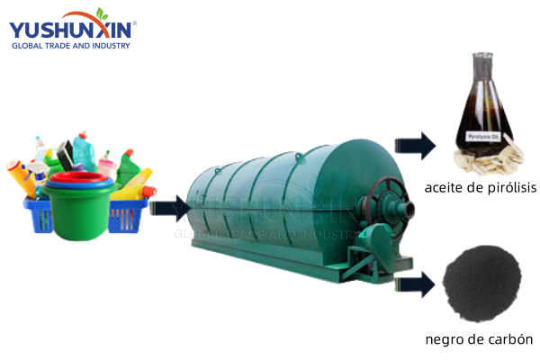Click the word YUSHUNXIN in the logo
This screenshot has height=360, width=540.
click(70, 30)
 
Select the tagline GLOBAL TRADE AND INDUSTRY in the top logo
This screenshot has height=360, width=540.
click(71, 46)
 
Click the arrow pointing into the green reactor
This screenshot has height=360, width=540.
click(170, 208)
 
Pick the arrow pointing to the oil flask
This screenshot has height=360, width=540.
click(415, 146)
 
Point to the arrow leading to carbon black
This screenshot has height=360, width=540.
click(415, 284)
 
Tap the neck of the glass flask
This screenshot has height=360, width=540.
click(482, 69)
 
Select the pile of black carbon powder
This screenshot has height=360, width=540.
click(481, 283)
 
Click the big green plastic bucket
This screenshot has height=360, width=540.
click(79, 211)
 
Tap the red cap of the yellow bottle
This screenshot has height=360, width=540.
click(149, 191)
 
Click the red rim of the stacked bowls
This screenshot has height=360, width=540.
click(79, 177)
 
